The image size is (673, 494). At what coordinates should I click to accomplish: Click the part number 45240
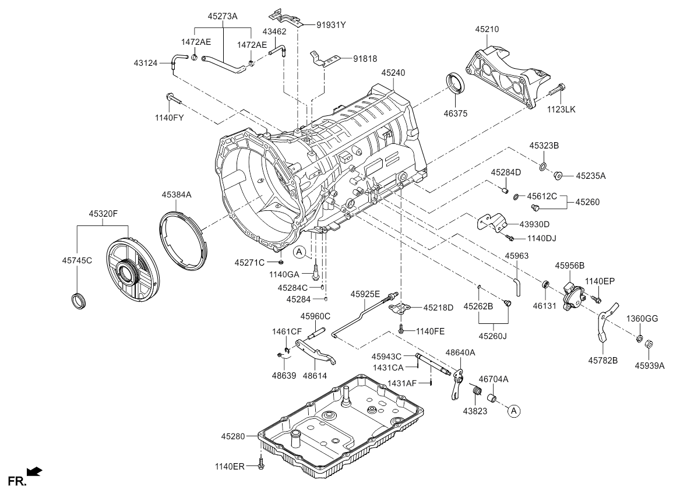coord(393,73)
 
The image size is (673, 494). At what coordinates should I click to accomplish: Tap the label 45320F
coord(103,214)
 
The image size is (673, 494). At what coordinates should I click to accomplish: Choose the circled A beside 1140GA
coord(299,252)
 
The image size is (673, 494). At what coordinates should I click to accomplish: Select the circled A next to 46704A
coord(513,411)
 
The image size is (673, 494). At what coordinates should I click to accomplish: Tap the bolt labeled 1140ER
coord(260,464)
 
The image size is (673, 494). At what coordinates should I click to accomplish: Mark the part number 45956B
coord(569,266)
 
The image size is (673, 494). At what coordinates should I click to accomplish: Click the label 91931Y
coord(332,25)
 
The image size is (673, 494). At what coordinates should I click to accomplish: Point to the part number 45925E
coord(365,294)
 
